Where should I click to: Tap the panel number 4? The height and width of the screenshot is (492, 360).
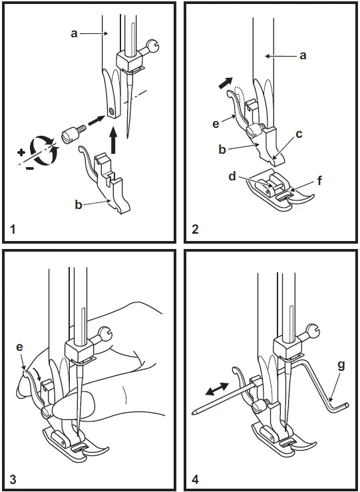coord(194,479)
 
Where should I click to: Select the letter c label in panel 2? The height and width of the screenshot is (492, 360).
coord(299,134)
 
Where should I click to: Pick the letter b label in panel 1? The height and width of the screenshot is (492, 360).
coord(79,206)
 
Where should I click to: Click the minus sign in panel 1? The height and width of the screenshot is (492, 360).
coord(29,169)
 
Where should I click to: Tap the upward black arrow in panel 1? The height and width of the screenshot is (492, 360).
coord(115,140)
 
